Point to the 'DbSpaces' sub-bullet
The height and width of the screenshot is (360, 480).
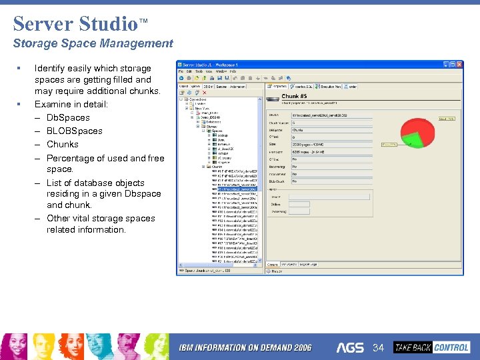tap(68, 118)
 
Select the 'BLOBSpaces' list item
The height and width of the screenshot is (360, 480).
tap(74, 131)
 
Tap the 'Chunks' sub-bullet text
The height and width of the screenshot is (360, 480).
tap(62, 144)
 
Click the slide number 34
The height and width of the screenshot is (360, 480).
tap(379, 347)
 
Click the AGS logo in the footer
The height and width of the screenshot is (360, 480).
tap(350, 347)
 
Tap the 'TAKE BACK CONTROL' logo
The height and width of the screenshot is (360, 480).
tap(431, 347)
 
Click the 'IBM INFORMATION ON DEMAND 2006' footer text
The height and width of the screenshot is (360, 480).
tap(245, 348)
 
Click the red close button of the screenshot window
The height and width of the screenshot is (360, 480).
tap(459, 65)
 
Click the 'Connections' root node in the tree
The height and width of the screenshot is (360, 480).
tap(197, 99)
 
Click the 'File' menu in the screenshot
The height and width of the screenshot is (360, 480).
tap(180, 71)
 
